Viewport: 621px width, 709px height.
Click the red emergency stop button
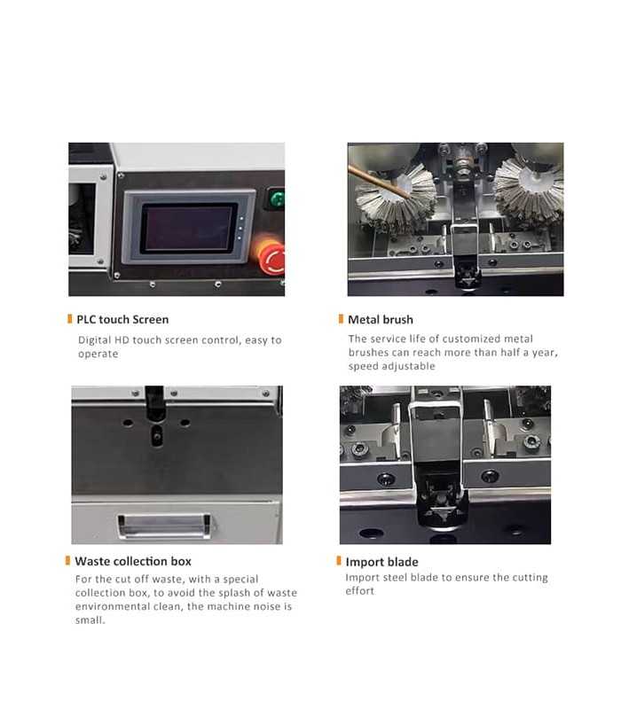(x=271, y=257)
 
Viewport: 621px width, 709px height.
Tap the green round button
(x=276, y=199)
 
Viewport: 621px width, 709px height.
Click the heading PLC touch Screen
(x=122, y=319)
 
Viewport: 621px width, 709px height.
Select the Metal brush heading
(x=380, y=319)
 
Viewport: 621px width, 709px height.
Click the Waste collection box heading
(x=132, y=561)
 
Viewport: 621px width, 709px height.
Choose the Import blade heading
(x=381, y=562)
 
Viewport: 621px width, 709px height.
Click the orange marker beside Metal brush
(x=341, y=319)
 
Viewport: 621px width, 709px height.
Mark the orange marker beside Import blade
(x=339, y=561)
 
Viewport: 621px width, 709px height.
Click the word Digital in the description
(x=94, y=340)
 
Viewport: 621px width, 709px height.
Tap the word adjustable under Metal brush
(x=406, y=366)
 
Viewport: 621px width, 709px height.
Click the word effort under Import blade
(x=360, y=591)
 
